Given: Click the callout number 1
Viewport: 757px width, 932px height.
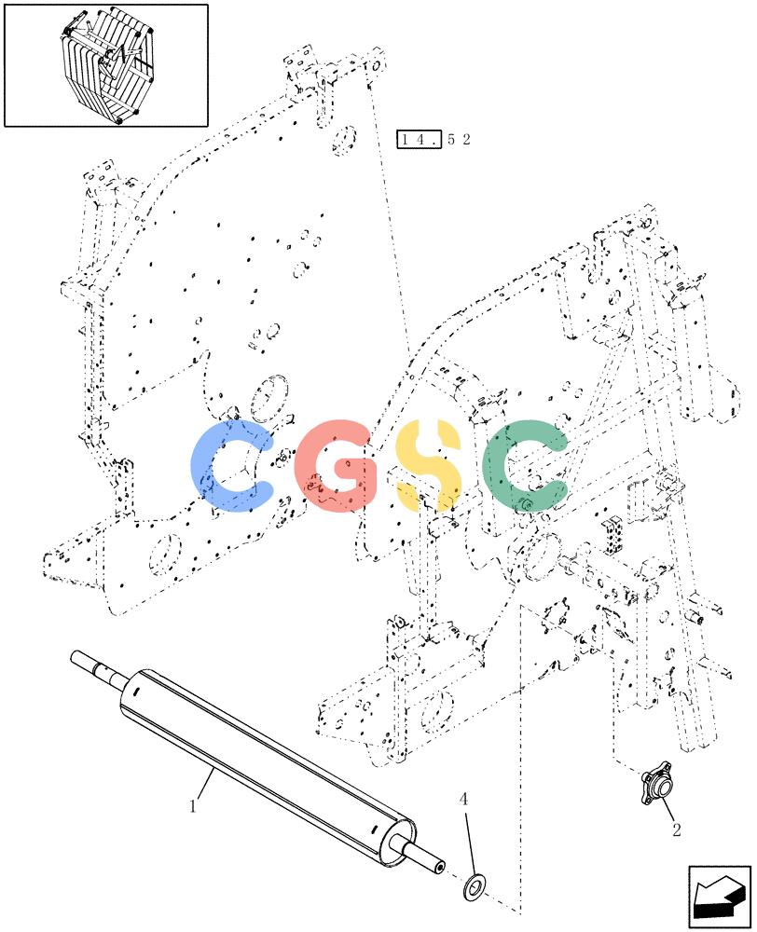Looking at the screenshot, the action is (193, 806).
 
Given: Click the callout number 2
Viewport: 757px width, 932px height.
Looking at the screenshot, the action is (677, 829).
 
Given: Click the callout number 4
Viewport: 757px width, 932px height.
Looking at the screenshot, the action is (464, 800).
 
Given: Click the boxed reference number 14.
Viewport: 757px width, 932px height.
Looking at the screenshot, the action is (420, 139).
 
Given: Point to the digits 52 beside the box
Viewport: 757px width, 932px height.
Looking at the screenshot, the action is (459, 140).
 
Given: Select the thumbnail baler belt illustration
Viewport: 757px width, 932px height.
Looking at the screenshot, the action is (106, 65).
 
